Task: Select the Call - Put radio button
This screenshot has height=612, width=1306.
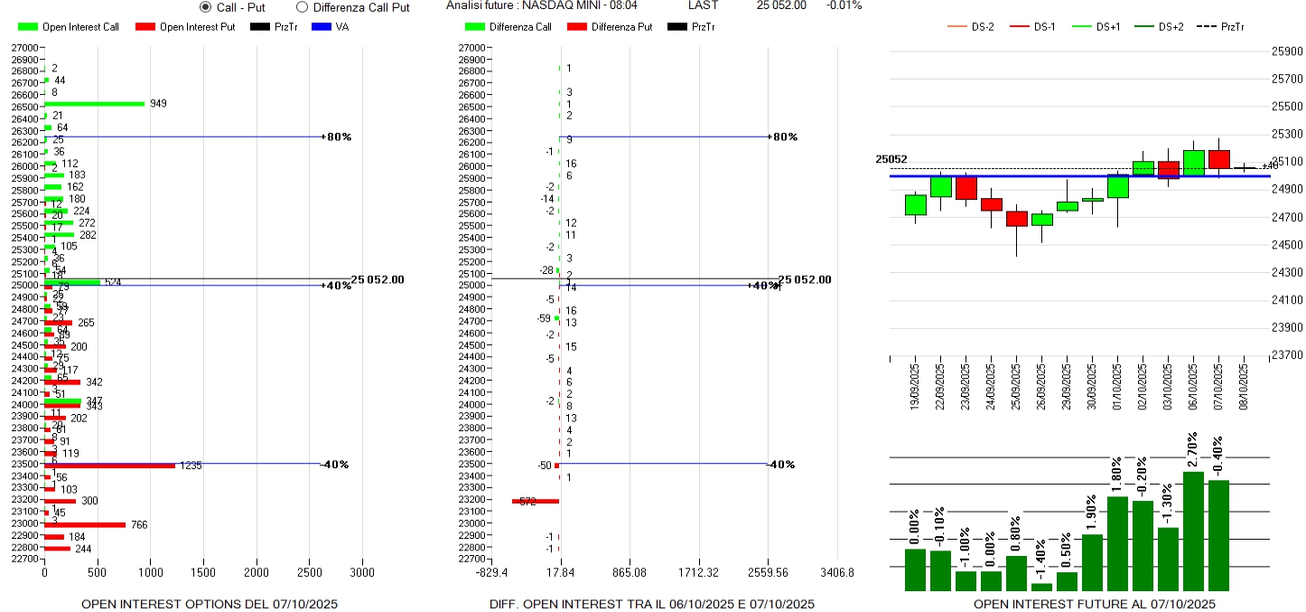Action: coord(205,7)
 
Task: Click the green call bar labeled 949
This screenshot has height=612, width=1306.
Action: coord(95,104)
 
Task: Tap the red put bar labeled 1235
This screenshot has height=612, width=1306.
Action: coord(109,466)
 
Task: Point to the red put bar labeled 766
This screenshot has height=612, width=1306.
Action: coord(85,524)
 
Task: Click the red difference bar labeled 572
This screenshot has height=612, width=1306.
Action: coord(536,501)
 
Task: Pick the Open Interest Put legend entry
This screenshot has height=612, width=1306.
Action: coord(185,27)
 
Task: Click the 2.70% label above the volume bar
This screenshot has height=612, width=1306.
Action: coord(1193,450)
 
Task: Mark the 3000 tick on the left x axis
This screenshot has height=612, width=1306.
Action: coord(362,573)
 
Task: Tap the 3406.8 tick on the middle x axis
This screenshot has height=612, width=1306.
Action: coord(836,573)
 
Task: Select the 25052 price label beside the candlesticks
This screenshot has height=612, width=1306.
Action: coord(891,160)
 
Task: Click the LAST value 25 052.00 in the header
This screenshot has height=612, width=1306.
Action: coord(781,5)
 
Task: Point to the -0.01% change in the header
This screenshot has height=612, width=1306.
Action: coord(844,5)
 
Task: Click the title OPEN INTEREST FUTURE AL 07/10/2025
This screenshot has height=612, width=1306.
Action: coord(1095,604)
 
